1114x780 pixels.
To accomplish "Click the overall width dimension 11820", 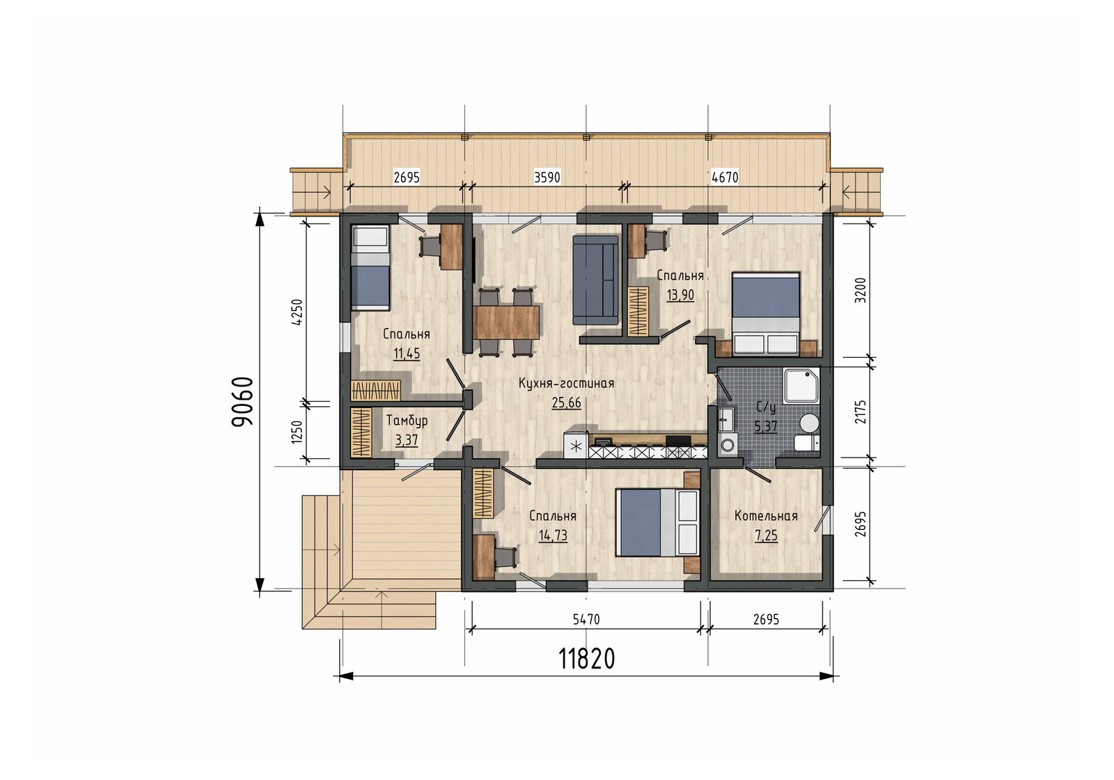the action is [587, 659].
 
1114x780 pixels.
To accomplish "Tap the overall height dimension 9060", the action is [243, 401].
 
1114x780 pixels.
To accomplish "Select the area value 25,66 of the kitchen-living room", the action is [567, 403].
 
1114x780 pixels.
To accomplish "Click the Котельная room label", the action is [766, 516].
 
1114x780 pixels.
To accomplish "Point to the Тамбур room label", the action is [407, 421].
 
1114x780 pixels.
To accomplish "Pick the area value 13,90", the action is [680, 295].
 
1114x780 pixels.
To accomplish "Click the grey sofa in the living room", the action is [596, 280].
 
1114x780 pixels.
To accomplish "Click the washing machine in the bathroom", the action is [728, 444].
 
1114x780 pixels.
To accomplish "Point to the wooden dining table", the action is [506, 322].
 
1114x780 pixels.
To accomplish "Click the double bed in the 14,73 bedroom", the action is [657, 522].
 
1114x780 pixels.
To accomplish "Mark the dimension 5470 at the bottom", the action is [586, 619].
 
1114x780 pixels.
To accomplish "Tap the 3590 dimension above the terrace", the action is [547, 178].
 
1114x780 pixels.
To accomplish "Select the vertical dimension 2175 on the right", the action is [861, 412].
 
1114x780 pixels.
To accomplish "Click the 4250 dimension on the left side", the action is [297, 312].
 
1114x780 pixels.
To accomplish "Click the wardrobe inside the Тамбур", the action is [361, 432].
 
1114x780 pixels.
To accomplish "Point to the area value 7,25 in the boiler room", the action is [766, 536].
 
